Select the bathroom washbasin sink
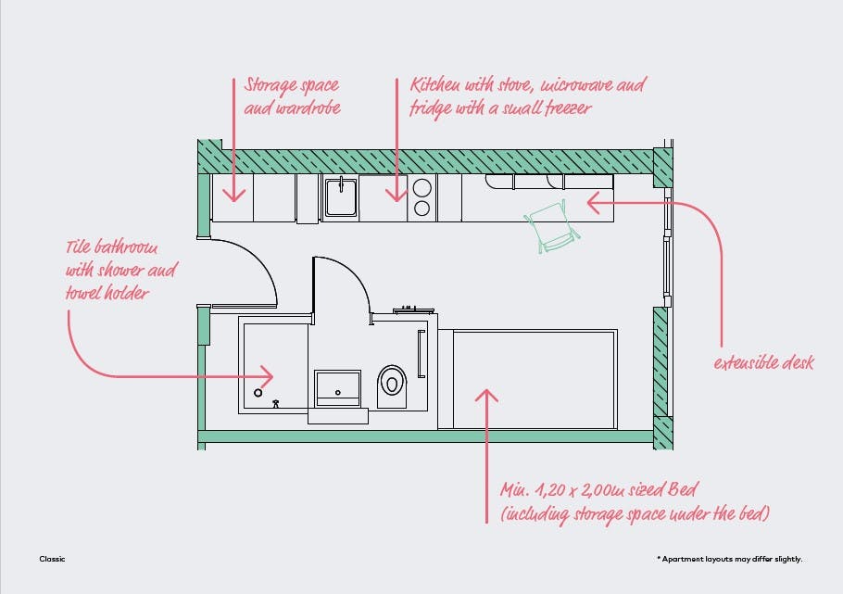pos(337,385)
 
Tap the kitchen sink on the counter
pos(340,196)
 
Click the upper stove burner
pos(422,185)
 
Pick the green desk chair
pos(551,225)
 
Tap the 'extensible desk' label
pos(763,362)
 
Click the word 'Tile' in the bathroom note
pos(81,248)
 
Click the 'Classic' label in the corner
pos(52,559)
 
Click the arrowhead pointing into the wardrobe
pos(233,196)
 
